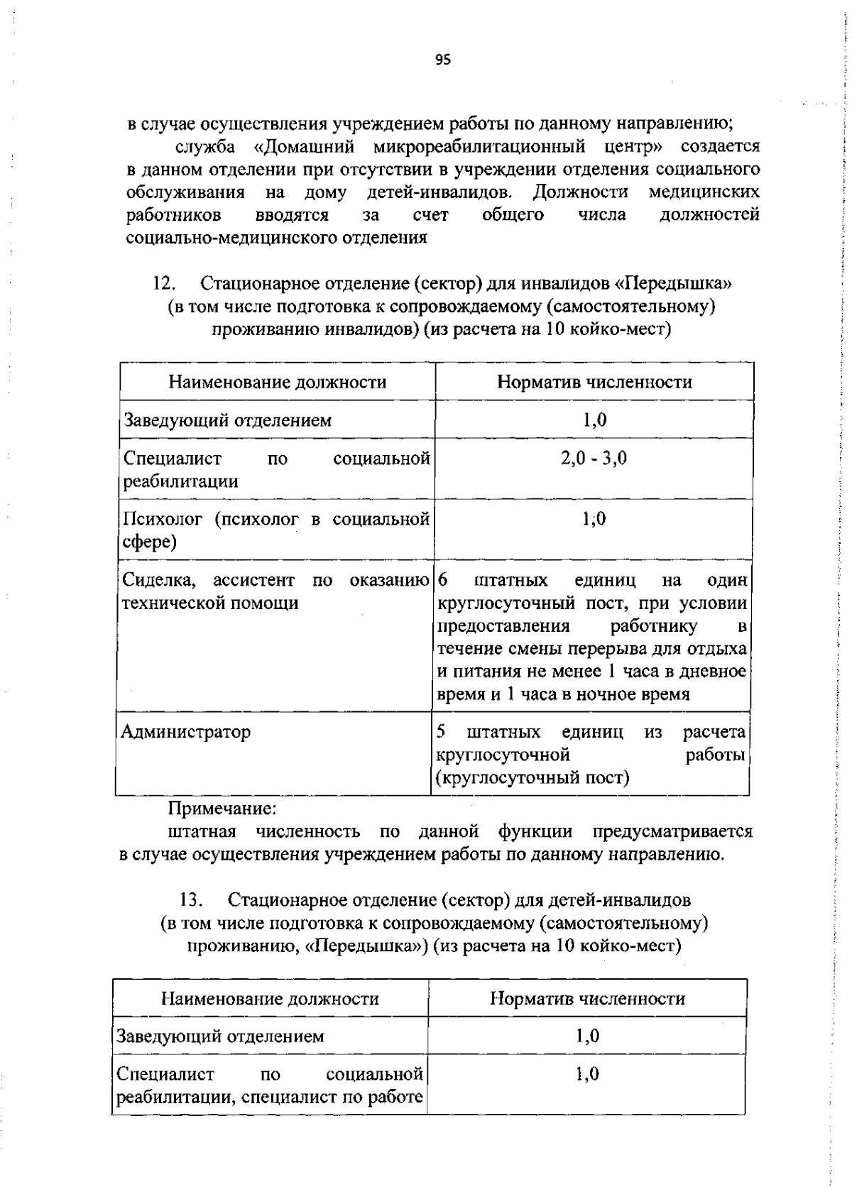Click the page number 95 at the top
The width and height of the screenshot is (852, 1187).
(443, 60)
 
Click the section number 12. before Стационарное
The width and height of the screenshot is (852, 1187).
(165, 284)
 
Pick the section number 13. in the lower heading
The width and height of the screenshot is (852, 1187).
(192, 901)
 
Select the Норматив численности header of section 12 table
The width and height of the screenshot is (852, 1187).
(594, 382)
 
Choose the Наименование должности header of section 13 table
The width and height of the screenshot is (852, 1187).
(270, 999)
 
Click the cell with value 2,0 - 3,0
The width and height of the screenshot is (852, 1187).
(594, 458)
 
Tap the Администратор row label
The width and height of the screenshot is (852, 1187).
(186, 732)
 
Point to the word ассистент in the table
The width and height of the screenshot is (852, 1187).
(253, 581)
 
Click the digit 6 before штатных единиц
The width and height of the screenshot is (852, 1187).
(443, 581)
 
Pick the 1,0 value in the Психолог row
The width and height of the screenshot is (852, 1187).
(594, 519)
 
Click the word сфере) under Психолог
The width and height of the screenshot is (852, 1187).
(150, 542)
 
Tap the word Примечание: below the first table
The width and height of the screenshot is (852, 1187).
(222, 809)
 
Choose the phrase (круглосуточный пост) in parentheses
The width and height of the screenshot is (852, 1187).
(532, 778)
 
